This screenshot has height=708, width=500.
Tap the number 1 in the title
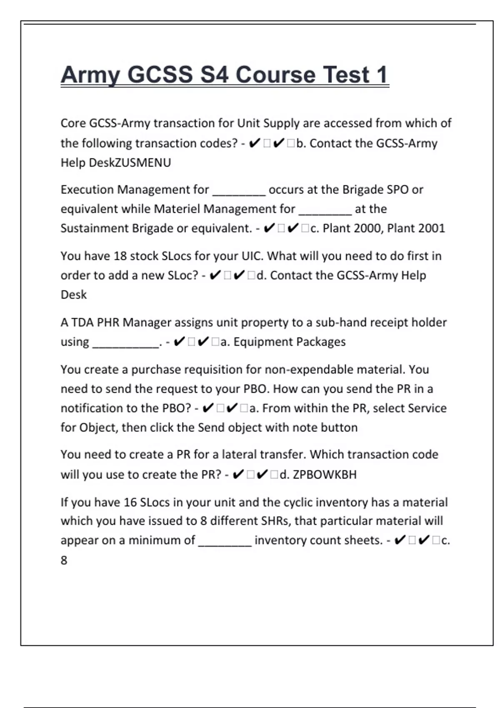click(382, 75)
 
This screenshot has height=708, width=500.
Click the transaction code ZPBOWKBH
click(325, 474)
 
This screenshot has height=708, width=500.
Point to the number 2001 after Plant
click(430, 228)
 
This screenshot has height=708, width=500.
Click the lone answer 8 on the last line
click(64, 560)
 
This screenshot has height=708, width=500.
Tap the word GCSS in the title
click(160, 75)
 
